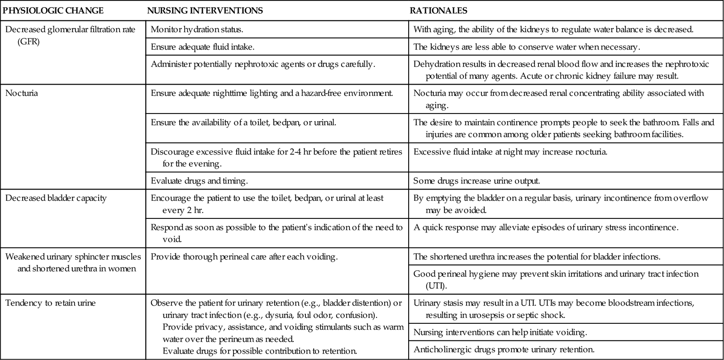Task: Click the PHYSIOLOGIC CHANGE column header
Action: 53,10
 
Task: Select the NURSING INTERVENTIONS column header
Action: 205,10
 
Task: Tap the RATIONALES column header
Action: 438,10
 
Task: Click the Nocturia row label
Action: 22,94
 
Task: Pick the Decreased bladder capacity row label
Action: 56,198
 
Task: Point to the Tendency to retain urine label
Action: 51,303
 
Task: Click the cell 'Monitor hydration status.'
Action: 197,30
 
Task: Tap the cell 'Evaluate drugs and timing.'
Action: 199,181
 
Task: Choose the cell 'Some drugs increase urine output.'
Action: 476,181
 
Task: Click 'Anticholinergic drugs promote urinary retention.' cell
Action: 504,349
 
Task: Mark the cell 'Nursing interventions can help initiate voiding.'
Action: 500,332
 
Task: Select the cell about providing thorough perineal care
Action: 244,257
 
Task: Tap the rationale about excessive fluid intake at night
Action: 510,152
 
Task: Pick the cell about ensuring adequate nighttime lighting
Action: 271,94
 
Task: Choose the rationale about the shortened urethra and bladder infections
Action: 537,257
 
